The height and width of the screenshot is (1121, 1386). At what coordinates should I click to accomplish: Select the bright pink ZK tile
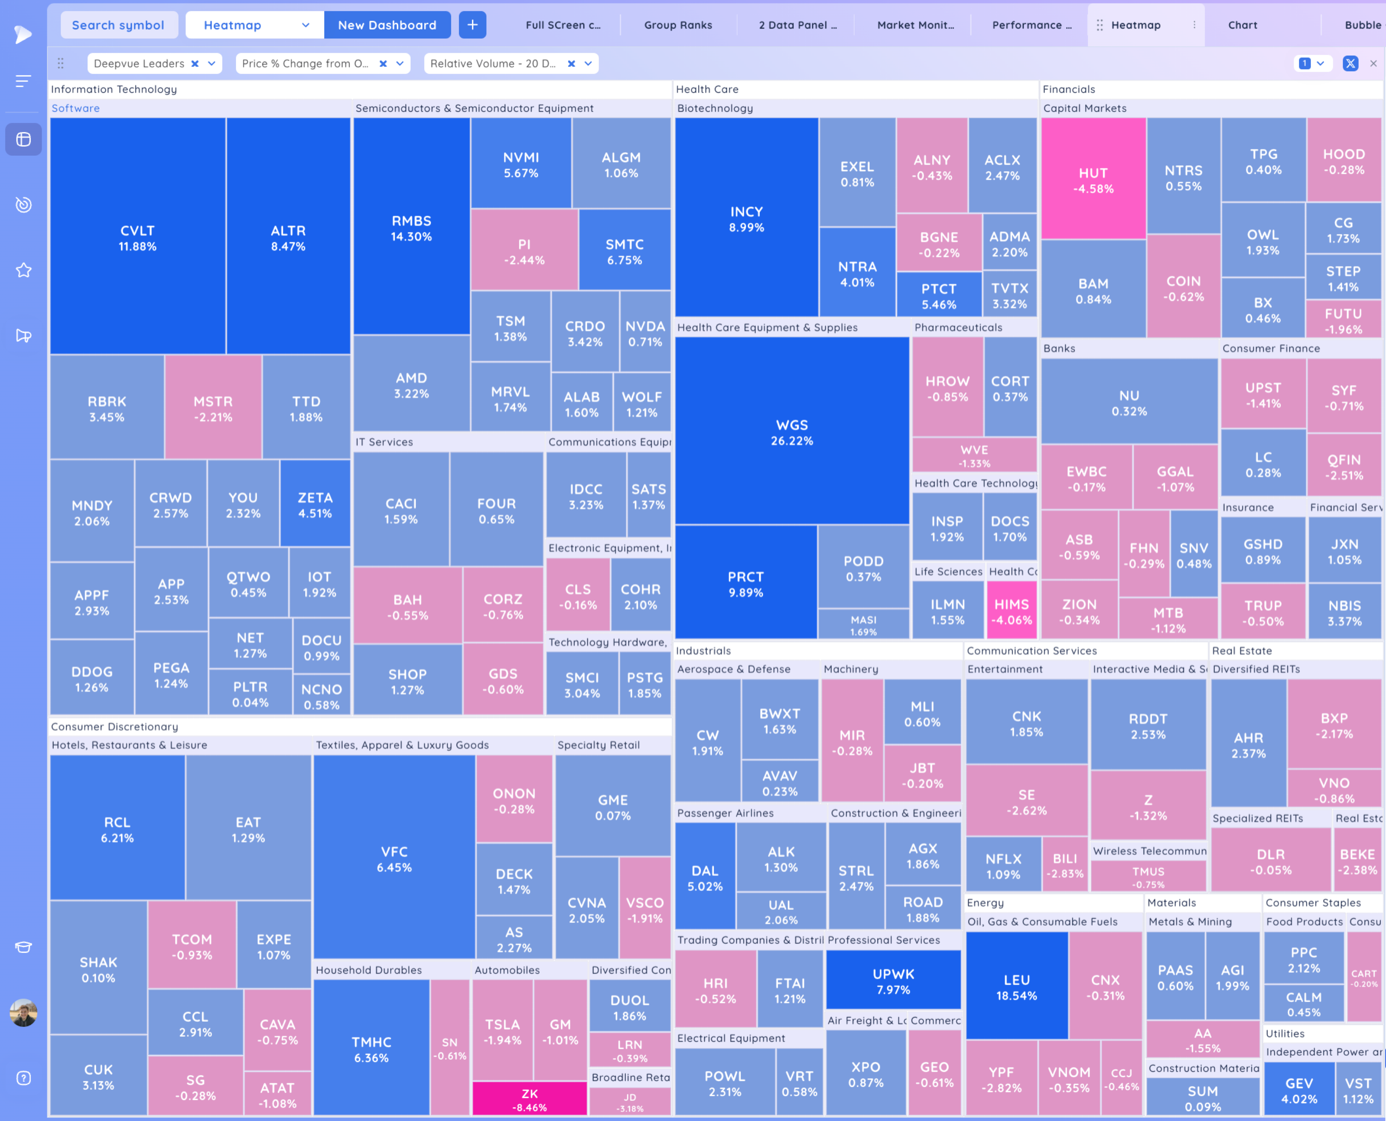point(529,1099)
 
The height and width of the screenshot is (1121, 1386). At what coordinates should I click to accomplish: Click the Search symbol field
point(118,25)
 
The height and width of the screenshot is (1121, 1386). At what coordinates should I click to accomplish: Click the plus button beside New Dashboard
point(472,25)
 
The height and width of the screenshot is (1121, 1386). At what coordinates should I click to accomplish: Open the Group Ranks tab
point(678,25)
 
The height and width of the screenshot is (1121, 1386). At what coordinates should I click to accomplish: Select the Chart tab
point(1242,25)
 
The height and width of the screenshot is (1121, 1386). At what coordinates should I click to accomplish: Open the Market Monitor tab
point(915,25)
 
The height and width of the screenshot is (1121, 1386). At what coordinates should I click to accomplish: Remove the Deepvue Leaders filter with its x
point(194,63)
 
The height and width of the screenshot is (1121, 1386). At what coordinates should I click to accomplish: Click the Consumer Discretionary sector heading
point(114,727)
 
